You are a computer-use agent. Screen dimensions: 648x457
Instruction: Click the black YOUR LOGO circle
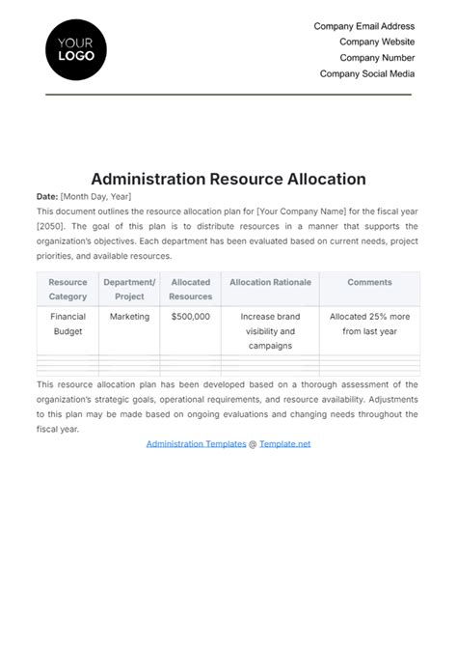pos(76,48)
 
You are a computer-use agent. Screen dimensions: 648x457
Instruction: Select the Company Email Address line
pos(363,27)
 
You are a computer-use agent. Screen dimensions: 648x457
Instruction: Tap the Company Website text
pos(377,42)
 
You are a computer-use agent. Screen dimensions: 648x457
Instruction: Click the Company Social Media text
pos(367,73)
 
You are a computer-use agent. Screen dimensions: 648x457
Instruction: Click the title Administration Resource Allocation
pos(228,179)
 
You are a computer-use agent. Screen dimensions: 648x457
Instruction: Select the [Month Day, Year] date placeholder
pos(94,196)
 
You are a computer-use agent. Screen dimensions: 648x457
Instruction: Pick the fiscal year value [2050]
pos(51,226)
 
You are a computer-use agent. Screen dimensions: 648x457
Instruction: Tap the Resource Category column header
pos(67,290)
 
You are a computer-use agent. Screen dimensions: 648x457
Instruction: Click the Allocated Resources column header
pos(190,290)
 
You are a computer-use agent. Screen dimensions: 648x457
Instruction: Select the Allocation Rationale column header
pos(270,283)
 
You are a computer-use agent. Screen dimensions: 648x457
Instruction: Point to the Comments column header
pos(369,283)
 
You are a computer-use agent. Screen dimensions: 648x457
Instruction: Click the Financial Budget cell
pos(67,324)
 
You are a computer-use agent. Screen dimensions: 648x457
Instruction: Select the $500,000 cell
pos(190,317)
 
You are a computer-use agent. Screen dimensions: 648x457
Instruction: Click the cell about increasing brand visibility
pos(270,330)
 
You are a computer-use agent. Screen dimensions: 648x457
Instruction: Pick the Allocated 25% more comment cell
pos(369,324)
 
